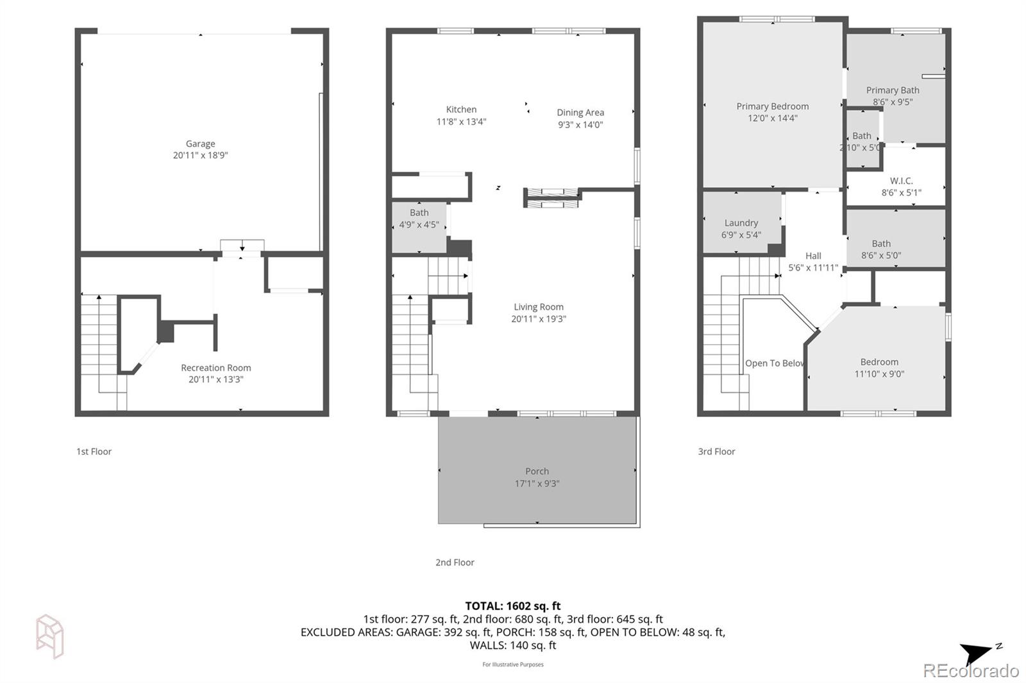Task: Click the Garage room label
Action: point(200,144)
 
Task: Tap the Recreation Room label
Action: point(215,368)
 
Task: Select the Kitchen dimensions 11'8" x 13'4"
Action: point(461,122)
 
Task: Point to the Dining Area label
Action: point(580,113)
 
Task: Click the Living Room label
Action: point(538,307)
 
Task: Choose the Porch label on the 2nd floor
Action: point(537,472)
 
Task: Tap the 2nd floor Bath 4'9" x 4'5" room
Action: point(419,218)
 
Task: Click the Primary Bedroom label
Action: point(772,106)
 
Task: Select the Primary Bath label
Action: point(892,90)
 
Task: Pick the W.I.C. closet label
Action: point(901,181)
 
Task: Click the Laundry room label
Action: point(741,223)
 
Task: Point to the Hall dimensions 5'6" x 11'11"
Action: point(812,268)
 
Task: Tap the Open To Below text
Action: point(773,363)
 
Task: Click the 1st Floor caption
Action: point(94,452)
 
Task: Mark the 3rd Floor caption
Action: point(716,452)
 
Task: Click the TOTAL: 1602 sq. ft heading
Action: point(512,605)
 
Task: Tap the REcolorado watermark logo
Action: point(970,671)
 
